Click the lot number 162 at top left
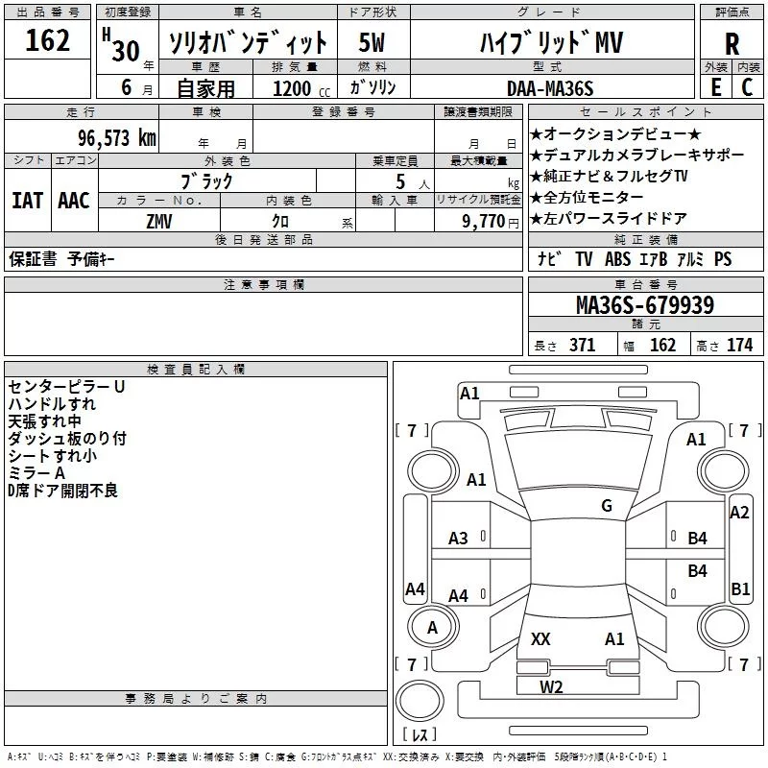click(48, 41)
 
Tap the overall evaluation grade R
click(732, 43)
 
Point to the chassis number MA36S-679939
click(644, 305)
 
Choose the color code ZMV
click(159, 221)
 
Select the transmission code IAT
click(27, 201)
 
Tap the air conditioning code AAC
click(74, 201)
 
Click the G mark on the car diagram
click(607, 506)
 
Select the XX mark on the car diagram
click(540, 638)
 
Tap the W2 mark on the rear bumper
click(551, 686)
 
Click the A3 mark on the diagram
click(459, 539)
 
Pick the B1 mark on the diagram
click(740, 589)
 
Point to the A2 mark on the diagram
click(739, 513)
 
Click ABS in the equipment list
click(616, 259)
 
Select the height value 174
click(739, 346)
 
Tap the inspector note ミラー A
click(36, 473)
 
